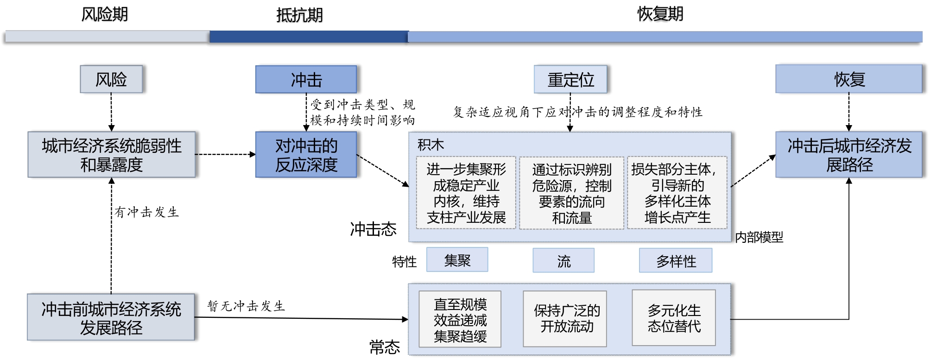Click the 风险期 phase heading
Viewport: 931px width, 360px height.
(x=105, y=14)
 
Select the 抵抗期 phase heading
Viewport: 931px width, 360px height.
(x=299, y=15)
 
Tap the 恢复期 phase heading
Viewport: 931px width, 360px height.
(x=660, y=14)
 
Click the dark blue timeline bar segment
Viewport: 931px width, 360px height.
(x=309, y=37)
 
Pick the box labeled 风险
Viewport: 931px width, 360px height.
(x=111, y=79)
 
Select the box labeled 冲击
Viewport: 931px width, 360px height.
(x=306, y=79)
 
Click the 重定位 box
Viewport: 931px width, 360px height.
(x=570, y=79)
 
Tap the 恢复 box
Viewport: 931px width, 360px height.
(x=849, y=79)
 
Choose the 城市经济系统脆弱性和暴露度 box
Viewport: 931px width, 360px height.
(x=112, y=155)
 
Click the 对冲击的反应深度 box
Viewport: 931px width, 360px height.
(x=306, y=155)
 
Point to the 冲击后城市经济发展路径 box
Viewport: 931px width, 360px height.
(x=849, y=155)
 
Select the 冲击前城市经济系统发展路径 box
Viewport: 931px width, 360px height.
(x=111, y=317)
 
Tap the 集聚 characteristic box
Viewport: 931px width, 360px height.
(x=457, y=260)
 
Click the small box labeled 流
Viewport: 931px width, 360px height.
(x=564, y=260)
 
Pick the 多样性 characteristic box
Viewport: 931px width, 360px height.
(x=676, y=260)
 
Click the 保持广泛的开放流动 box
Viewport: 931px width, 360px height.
(x=565, y=319)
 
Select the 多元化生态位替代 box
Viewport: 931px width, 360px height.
(x=674, y=318)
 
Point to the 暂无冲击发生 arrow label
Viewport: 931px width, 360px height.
(x=246, y=306)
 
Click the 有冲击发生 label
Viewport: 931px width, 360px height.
(x=147, y=212)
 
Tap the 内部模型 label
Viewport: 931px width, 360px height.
(x=759, y=237)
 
